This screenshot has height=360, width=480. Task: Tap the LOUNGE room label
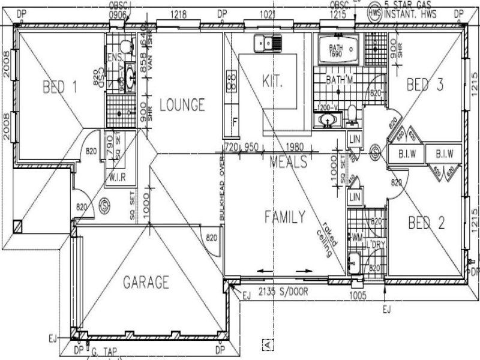pyautogui.click(x=182, y=105)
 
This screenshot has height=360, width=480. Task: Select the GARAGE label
pyautogui.click(x=146, y=281)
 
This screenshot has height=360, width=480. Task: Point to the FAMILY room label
pyautogui.click(x=285, y=217)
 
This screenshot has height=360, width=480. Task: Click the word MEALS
pyautogui.click(x=289, y=162)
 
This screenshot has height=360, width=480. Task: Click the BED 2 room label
pyautogui.click(x=427, y=223)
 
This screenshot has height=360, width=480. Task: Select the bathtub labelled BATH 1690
pyautogui.click(x=338, y=50)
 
